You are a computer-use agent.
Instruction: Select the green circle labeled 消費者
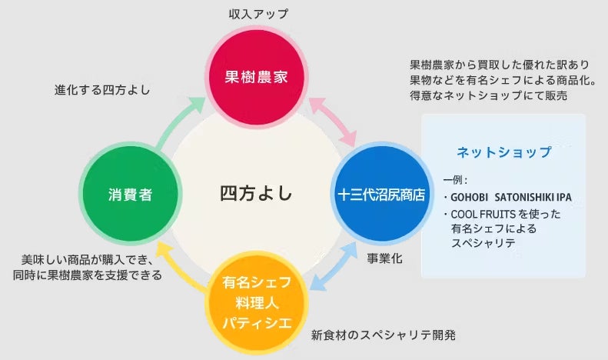[x=125, y=195]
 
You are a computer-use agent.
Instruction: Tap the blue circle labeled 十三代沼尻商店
[x=380, y=195]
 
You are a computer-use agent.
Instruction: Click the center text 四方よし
[x=256, y=193]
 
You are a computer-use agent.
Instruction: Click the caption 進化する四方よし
[x=101, y=89]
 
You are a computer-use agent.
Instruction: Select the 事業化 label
[x=384, y=260]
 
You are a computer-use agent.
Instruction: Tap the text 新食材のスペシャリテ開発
[x=384, y=335]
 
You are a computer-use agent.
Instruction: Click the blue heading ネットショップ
[x=503, y=152]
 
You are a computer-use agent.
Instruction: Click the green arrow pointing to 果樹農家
[x=178, y=122]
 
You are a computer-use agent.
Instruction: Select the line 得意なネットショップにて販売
[x=488, y=95]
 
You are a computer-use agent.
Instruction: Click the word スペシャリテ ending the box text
[x=483, y=242]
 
